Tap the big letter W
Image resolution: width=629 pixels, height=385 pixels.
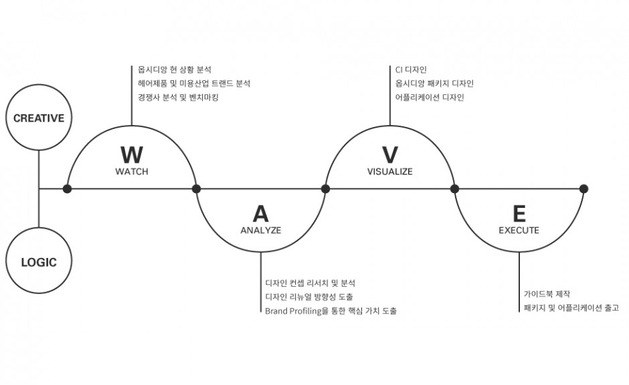coord(132,155)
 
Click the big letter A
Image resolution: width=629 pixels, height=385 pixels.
coord(261,214)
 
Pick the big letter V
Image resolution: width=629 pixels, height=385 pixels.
coord(390,155)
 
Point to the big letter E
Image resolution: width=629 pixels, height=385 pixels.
coord(519,214)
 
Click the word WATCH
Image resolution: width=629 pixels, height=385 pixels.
coord(132,172)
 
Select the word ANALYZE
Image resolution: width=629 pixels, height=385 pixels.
coord(261,231)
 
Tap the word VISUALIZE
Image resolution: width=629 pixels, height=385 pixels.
coord(390,172)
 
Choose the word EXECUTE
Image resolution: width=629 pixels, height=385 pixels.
coord(519,231)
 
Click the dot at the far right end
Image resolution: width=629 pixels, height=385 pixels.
coord(584,188)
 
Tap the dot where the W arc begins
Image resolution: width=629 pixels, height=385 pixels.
coord(68,188)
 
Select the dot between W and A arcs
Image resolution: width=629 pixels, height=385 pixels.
coord(197,188)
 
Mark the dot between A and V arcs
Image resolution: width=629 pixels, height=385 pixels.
coord(326,188)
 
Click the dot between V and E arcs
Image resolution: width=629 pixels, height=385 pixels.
coord(455,188)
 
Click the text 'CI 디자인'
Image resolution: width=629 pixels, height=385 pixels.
coord(411,70)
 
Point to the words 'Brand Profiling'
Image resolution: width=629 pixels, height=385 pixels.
coord(294,311)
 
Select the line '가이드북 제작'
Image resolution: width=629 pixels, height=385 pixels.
coord(547,294)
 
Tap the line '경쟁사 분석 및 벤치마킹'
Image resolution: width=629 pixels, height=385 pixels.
coord(178,98)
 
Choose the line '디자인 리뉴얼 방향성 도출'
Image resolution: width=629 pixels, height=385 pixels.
coord(309,297)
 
